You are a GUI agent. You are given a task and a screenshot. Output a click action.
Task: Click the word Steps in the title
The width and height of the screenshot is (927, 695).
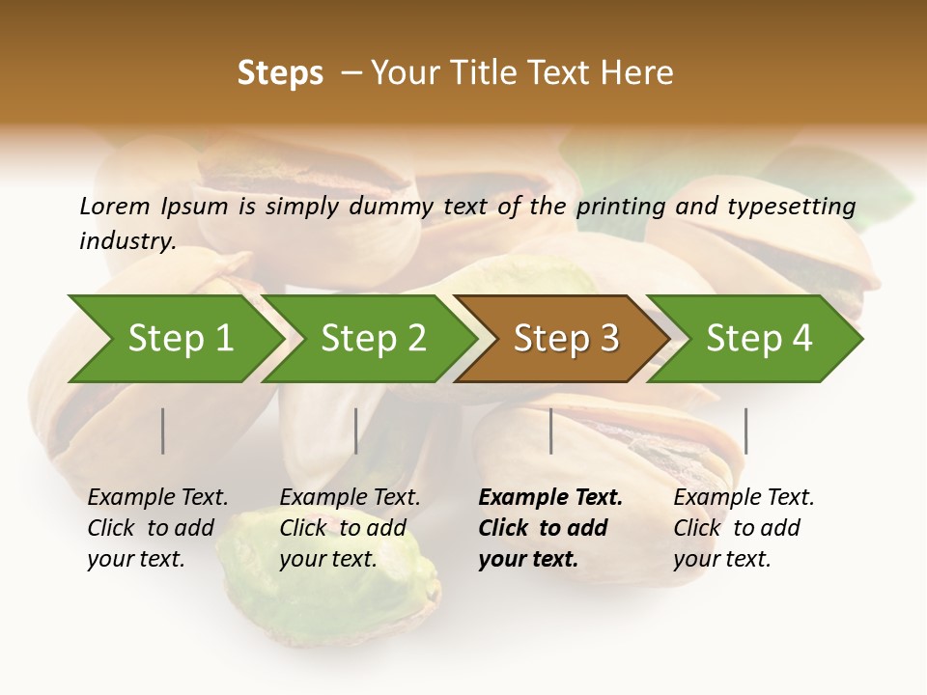point(280,73)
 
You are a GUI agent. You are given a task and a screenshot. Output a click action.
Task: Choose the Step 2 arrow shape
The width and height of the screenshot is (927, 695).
point(373,339)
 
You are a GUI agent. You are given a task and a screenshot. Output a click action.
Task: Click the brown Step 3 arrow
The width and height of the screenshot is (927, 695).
point(565,339)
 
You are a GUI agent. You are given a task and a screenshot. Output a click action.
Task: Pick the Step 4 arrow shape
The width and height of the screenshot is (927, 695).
point(758,339)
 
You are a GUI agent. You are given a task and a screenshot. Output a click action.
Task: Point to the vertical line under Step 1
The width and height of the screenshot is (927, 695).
point(163,431)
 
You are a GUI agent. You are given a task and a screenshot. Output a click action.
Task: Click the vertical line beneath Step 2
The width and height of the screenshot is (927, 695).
point(356,431)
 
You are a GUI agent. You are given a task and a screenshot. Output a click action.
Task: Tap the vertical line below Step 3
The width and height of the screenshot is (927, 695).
point(551,431)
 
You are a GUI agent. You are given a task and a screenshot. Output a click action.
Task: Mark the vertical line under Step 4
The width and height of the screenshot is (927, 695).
point(746,431)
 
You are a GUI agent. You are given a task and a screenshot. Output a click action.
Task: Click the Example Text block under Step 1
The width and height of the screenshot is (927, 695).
point(156,528)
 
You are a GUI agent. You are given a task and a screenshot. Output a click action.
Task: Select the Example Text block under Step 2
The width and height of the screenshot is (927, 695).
point(349,528)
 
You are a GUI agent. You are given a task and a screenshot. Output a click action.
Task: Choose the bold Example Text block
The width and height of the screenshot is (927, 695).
point(549,528)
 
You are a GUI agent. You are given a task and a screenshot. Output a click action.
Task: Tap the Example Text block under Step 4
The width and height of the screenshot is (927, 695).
point(743,528)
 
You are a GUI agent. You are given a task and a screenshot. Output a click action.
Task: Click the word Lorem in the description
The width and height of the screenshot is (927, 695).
point(115,206)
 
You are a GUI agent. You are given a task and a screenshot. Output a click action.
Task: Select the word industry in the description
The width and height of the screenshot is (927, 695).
point(126,240)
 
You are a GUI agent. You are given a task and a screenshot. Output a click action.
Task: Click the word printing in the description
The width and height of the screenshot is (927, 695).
point(621,207)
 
